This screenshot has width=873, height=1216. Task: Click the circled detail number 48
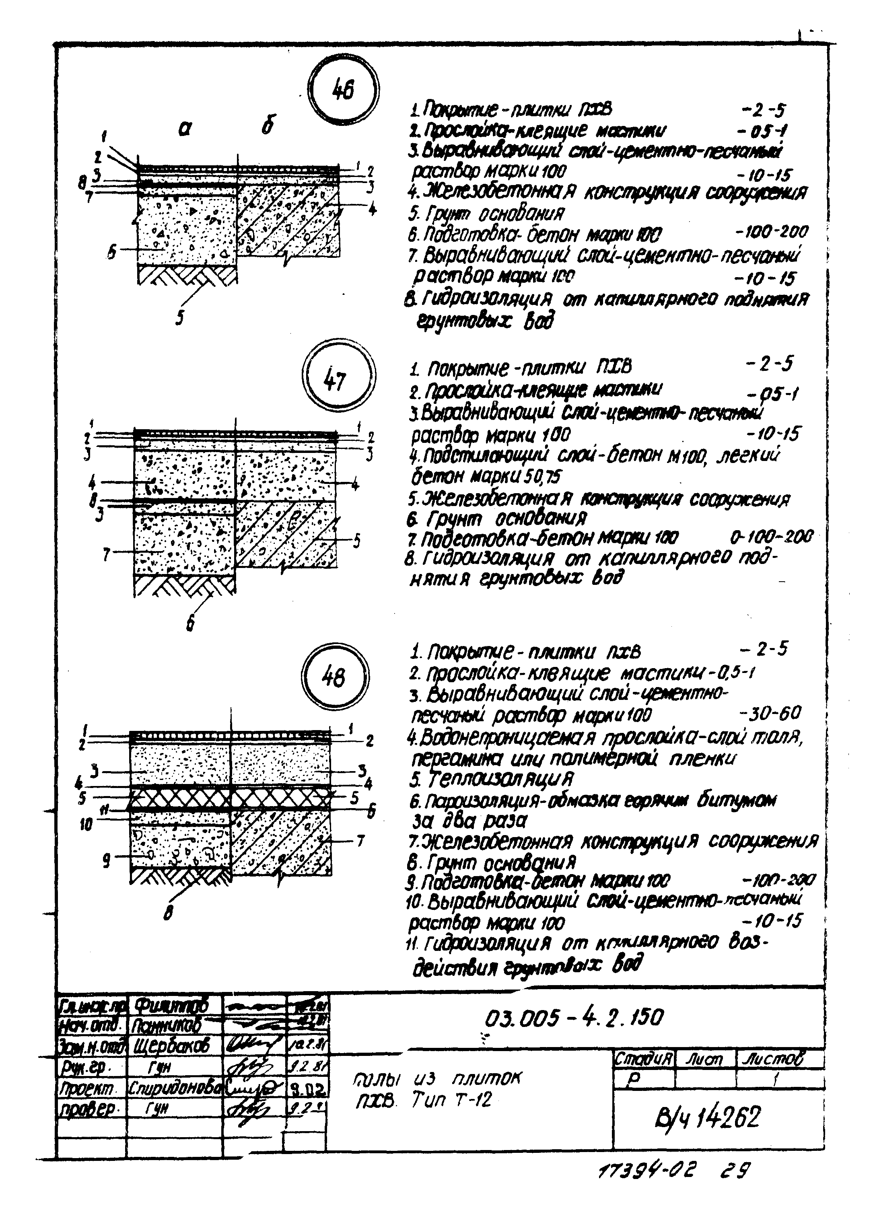334,678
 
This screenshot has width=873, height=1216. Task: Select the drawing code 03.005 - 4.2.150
573,1016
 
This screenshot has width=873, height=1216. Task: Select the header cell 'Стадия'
642,1059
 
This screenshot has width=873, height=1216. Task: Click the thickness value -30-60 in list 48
770,713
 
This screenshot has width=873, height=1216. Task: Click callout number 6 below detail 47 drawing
190,624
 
